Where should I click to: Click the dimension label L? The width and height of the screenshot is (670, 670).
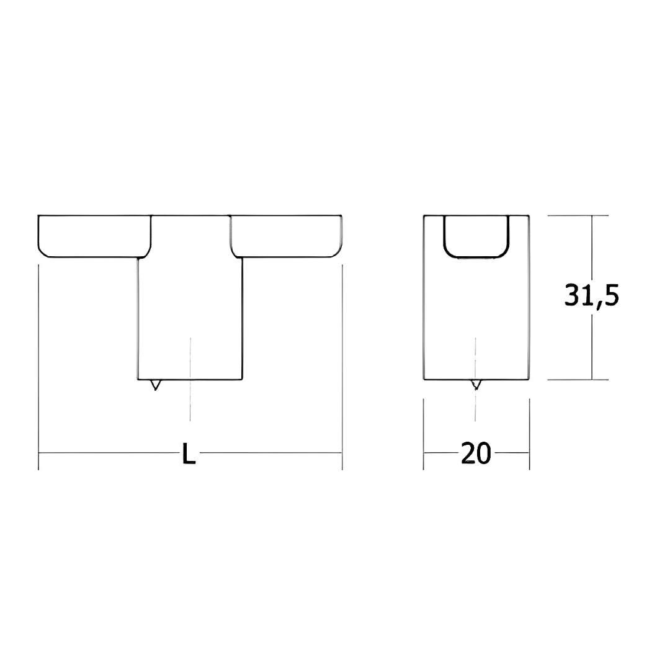coord(189,453)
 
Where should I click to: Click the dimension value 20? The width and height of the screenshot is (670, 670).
coord(476,453)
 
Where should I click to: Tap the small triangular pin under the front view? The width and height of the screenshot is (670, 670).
coord(156,385)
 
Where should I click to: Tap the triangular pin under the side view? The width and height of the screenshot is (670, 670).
coord(476,385)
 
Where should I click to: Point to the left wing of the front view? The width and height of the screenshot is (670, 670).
coord(94,236)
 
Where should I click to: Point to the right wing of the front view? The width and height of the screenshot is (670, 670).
coord(286,236)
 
